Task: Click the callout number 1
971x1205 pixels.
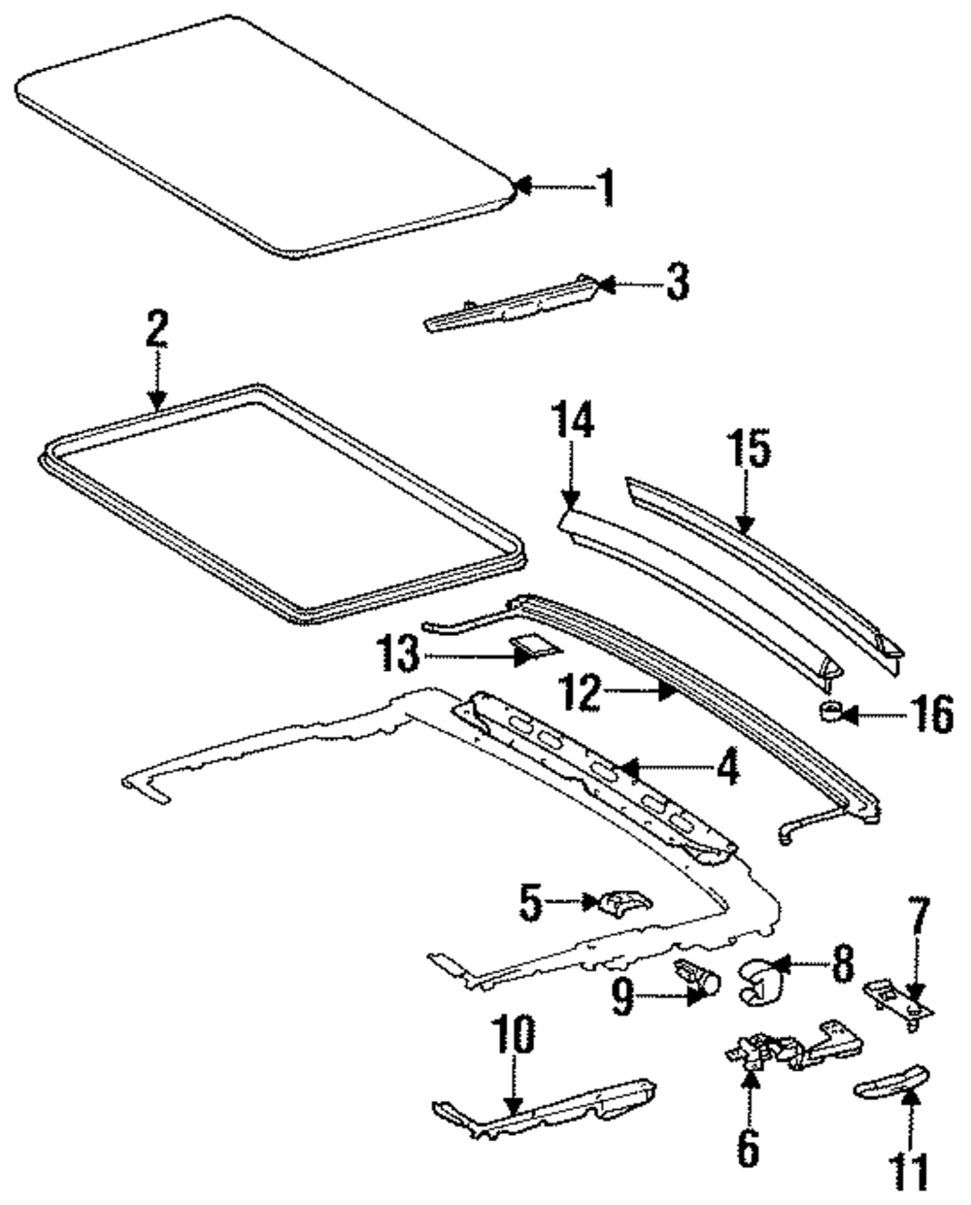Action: [605, 187]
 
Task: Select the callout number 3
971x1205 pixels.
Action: [677, 283]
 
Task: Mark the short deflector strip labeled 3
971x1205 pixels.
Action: [512, 304]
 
